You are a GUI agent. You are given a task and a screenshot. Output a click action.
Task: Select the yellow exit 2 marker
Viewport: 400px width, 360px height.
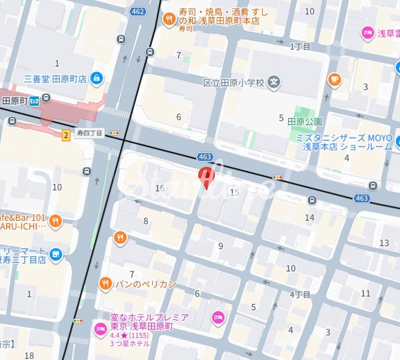coord(65,135)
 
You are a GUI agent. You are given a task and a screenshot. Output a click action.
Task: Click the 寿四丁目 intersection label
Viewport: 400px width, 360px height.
coord(89,133)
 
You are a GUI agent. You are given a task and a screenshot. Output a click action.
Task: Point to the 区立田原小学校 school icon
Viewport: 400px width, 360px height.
coord(274,82)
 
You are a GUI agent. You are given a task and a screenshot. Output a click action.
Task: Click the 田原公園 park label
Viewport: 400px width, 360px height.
coord(304,121)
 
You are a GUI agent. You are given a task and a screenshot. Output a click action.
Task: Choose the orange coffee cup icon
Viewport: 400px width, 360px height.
coord(334,79)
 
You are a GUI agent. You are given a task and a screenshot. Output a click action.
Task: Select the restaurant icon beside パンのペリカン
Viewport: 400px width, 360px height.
coord(105,284)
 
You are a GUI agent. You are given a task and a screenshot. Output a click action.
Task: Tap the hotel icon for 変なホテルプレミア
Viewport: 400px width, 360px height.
coord(217,316)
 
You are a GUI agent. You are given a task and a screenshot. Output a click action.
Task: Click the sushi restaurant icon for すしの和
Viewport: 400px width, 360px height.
coord(169,19)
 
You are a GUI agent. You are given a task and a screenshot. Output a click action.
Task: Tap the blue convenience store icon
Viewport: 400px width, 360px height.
coord(55,255)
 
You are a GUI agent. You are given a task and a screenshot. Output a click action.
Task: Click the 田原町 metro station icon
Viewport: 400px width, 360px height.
coord(34,100)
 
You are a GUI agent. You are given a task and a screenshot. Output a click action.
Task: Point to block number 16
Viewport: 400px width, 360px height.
coord(160,188)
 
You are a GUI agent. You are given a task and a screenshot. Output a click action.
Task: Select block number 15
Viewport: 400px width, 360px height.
coord(234,192)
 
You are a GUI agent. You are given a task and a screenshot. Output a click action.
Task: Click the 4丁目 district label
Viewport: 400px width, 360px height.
coord(300,294)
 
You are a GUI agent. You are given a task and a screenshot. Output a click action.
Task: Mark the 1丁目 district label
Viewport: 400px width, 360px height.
coord(300,47)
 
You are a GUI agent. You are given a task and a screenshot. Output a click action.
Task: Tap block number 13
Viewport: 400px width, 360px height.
coord(384,243)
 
